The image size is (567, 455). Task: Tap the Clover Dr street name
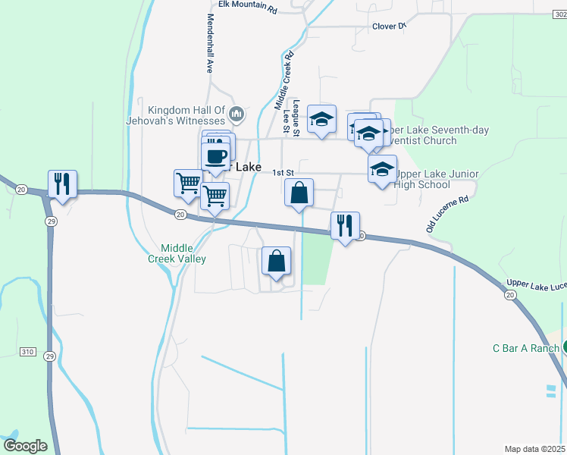coord(390,26)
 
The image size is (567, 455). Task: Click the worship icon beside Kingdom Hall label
coord(237,115)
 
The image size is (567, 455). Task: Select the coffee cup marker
coord(217,156)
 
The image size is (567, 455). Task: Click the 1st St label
coord(283,173)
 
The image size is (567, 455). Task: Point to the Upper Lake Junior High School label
coord(431,179)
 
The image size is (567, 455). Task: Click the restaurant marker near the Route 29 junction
coord(61,184)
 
